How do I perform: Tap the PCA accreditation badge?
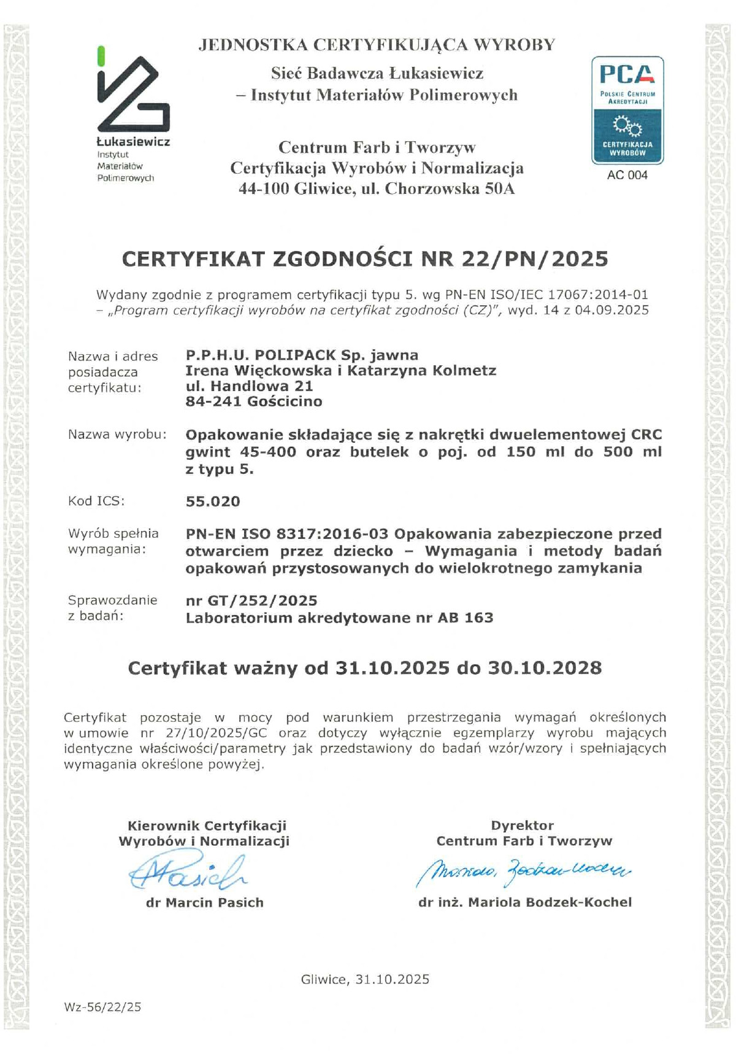(x=627, y=110)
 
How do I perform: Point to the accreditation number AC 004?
(x=627, y=175)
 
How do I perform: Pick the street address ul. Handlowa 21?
(x=249, y=386)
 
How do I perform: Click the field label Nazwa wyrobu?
(x=117, y=435)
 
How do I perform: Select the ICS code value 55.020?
(x=213, y=502)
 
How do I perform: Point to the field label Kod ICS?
(x=96, y=501)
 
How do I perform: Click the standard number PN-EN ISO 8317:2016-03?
(x=287, y=533)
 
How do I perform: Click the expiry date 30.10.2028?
(x=545, y=668)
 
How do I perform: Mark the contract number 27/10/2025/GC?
(x=217, y=733)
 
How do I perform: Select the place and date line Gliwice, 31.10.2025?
(x=365, y=979)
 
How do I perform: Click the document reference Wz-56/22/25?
(x=102, y=1007)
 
